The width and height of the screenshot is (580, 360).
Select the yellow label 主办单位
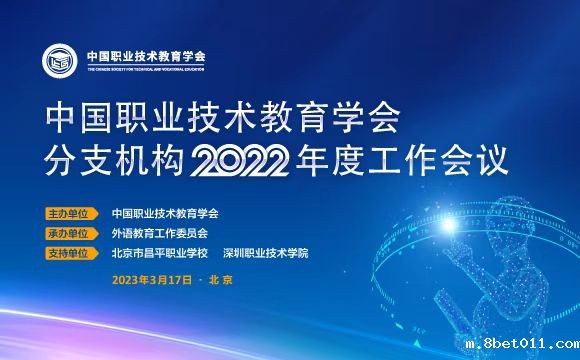pos(69,213)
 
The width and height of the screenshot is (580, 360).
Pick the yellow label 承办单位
pos(69,232)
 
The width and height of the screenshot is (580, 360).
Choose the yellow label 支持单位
pos(69,251)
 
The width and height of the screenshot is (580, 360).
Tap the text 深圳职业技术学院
pos(265,251)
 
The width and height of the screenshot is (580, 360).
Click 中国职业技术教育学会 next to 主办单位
pos(165,213)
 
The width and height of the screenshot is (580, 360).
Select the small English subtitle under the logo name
pos(145,68)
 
